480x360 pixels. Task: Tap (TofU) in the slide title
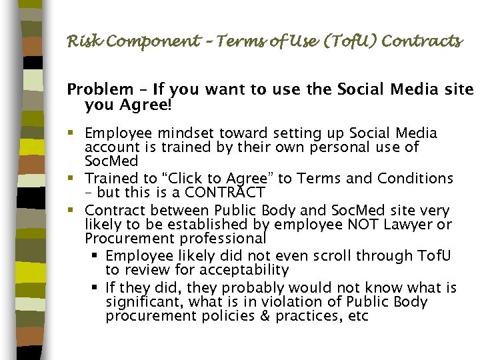[x=330, y=41]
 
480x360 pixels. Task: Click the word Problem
[x=101, y=89]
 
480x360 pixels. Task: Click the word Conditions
[x=415, y=179]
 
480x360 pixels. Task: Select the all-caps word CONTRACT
[x=223, y=193]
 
